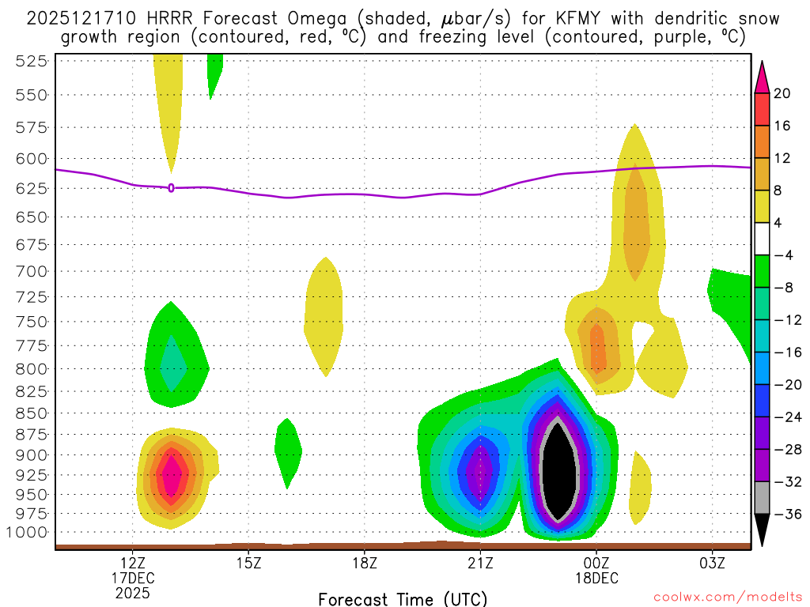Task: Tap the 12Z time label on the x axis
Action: click(x=132, y=563)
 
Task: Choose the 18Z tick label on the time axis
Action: click(x=364, y=563)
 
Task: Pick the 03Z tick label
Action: click(x=712, y=563)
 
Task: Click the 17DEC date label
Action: click(x=132, y=578)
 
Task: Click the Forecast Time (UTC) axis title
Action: click(x=403, y=598)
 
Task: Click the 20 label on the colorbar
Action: click(x=782, y=93)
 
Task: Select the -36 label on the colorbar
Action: click(x=786, y=514)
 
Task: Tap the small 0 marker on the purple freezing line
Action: click(x=171, y=187)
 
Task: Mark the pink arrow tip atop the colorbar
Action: click(x=762, y=68)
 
